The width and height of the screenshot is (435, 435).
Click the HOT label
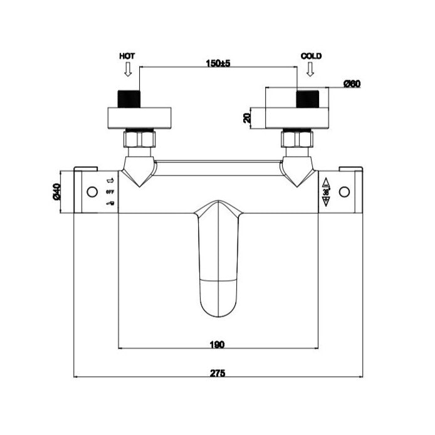[x=127, y=56]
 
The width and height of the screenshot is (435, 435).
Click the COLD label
[x=311, y=56]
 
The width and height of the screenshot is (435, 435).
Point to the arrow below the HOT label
[x=127, y=70]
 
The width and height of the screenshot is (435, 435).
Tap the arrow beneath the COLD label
[x=308, y=70]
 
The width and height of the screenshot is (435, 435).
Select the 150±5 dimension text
[x=217, y=63]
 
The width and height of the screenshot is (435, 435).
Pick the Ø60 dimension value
[x=352, y=84]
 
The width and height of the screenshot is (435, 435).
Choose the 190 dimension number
[x=217, y=343]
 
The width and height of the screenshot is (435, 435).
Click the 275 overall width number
[x=217, y=372]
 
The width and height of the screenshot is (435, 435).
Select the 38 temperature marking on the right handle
[x=326, y=192]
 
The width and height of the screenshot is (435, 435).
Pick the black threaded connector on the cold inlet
[x=307, y=99]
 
